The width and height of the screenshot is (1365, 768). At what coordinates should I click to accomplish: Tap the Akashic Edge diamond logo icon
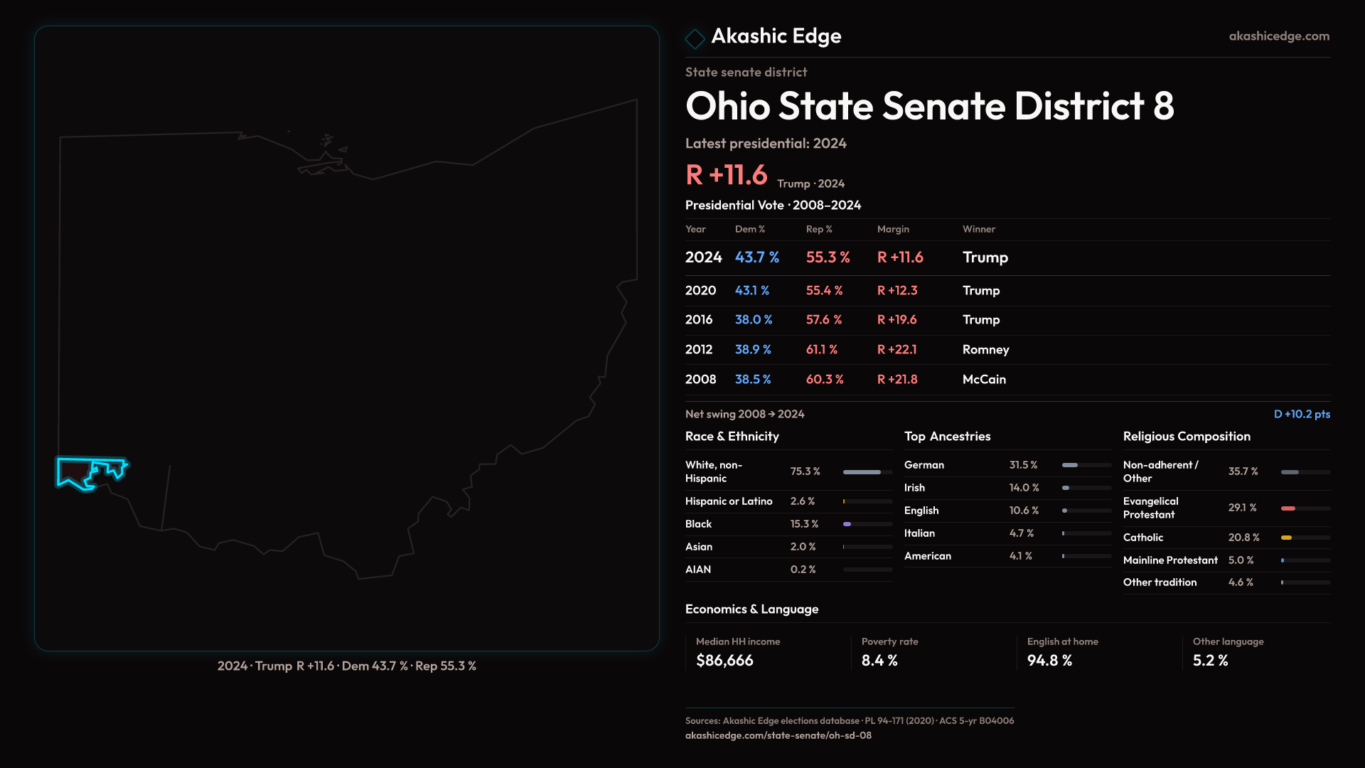[695, 38]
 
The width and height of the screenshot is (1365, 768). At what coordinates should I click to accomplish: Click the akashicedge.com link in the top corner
[1278, 36]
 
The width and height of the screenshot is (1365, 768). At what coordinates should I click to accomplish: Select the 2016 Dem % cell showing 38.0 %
[753, 320]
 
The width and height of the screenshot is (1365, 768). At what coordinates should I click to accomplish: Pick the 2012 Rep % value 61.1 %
[821, 350]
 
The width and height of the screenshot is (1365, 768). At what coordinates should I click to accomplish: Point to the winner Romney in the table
[985, 350]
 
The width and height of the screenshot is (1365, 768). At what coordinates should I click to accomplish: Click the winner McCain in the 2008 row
[984, 380]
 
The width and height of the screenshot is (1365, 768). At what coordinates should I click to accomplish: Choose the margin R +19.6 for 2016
[896, 320]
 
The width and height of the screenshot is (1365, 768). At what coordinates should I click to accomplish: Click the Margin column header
[893, 229]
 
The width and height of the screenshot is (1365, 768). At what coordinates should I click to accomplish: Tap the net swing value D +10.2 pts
[1301, 414]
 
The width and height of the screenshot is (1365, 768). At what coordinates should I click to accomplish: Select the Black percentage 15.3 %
[804, 524]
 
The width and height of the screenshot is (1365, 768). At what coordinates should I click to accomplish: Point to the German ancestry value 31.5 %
[1023, 465]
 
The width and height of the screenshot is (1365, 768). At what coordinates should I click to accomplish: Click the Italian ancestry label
[919, 533]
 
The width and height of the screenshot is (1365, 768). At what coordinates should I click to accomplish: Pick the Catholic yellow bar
[1287, 538]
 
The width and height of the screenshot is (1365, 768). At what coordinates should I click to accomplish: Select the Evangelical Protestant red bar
[1288, 508]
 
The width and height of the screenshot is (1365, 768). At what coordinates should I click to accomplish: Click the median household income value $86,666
[724, 661]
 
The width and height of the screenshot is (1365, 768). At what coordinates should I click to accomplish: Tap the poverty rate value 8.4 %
[879, 661]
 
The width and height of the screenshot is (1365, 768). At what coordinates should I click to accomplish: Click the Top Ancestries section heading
[947, 437]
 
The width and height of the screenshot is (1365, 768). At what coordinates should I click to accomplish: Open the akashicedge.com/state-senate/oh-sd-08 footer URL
[778, 736]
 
